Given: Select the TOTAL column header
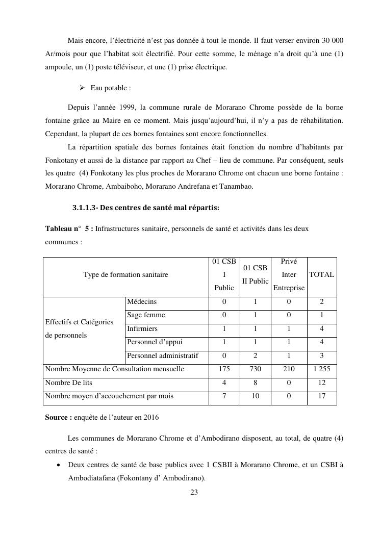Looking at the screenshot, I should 321,274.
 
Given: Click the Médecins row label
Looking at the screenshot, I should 142,302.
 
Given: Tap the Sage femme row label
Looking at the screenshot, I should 146,315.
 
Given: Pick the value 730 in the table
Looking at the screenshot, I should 255,369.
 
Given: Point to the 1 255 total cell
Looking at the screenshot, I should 321,369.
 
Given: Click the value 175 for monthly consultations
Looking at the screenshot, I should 224,369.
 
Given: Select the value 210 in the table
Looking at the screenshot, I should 289,369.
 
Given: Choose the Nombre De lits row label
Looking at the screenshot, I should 69,382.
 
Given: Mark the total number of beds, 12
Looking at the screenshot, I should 321,382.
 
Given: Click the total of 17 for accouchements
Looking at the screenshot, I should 321,396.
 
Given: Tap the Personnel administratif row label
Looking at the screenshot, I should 162,355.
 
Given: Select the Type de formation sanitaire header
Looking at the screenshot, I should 125,275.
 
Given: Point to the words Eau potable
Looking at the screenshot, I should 111,88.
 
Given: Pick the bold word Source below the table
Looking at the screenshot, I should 57,417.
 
